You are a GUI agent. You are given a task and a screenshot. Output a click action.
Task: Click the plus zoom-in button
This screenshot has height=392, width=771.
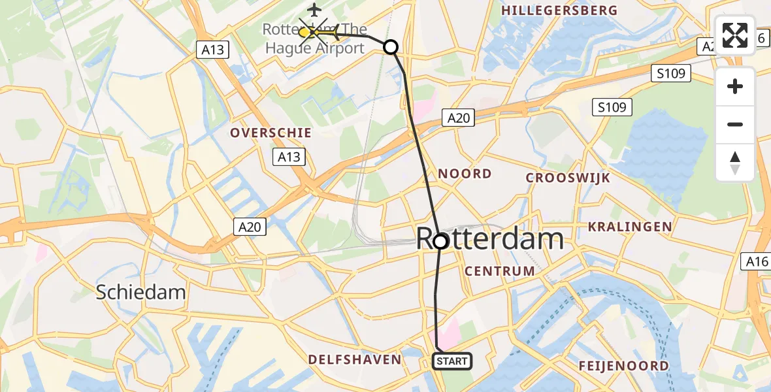click(735, 86)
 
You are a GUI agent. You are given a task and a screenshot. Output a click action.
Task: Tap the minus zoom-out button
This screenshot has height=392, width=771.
click(735, 124)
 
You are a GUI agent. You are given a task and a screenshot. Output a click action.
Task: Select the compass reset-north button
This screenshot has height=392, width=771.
click(735, 162)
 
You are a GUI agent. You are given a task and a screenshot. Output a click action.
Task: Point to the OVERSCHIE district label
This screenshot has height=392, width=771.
click(271, 133)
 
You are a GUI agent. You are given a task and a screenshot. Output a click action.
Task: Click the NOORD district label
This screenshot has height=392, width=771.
click(465, 174)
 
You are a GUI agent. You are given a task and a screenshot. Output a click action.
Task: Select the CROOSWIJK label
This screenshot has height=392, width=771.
click(568, 178)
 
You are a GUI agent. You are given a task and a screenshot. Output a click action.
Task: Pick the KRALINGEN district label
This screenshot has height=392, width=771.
click(630, 227)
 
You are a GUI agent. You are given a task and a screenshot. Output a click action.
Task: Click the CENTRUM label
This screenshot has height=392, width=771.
click(500, 270)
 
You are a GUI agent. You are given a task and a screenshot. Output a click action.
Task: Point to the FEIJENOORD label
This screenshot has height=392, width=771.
click(623, 366)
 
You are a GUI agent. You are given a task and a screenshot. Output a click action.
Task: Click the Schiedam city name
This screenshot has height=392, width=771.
click(141, 292)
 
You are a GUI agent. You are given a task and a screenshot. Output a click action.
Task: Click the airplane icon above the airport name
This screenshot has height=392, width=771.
click(315, 10)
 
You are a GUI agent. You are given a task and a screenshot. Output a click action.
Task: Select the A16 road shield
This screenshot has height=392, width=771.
click(757, 262)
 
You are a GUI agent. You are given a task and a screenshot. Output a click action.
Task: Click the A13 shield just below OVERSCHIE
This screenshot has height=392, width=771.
click(288, 156)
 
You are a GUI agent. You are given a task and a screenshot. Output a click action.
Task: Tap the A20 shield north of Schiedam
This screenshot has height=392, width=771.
click(249, 227)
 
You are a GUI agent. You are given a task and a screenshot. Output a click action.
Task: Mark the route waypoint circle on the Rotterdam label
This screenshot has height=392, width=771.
click(440, 241)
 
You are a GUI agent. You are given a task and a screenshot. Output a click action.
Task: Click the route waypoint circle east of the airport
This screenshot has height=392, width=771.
click(390, 47)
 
